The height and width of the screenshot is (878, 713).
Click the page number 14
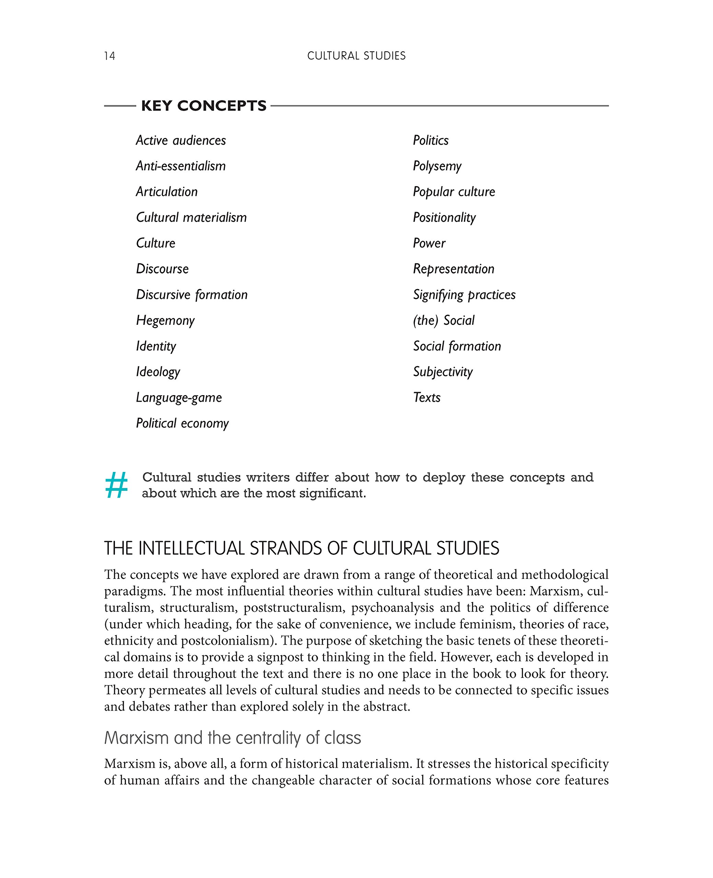[x=110, y=56]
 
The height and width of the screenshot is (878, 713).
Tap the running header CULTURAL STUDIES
[x=356, y=56]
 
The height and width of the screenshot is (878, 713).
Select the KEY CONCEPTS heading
[x=204, y=106]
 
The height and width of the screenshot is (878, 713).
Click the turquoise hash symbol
[x=116, y=485]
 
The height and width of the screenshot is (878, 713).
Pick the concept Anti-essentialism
[x=181, y=166]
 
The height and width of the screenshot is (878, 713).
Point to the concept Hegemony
[x=165, y=321]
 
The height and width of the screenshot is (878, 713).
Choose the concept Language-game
[x=179, y=398]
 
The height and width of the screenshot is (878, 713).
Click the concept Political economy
[x=182, y=423]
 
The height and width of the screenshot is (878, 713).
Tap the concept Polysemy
[x=437, y=166]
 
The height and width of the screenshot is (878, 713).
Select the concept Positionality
[x=444, y=217]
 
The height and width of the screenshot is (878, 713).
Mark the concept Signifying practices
[x=464, y=295]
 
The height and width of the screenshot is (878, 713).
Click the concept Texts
[x=427, y=398]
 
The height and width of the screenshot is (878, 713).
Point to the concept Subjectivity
[x=443, y=372]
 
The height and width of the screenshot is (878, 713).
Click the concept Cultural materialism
[x=191, y=217]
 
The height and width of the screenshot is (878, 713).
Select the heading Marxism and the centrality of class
[x=233, y=738]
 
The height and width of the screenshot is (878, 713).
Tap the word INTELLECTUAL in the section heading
[x=192, y=549]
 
